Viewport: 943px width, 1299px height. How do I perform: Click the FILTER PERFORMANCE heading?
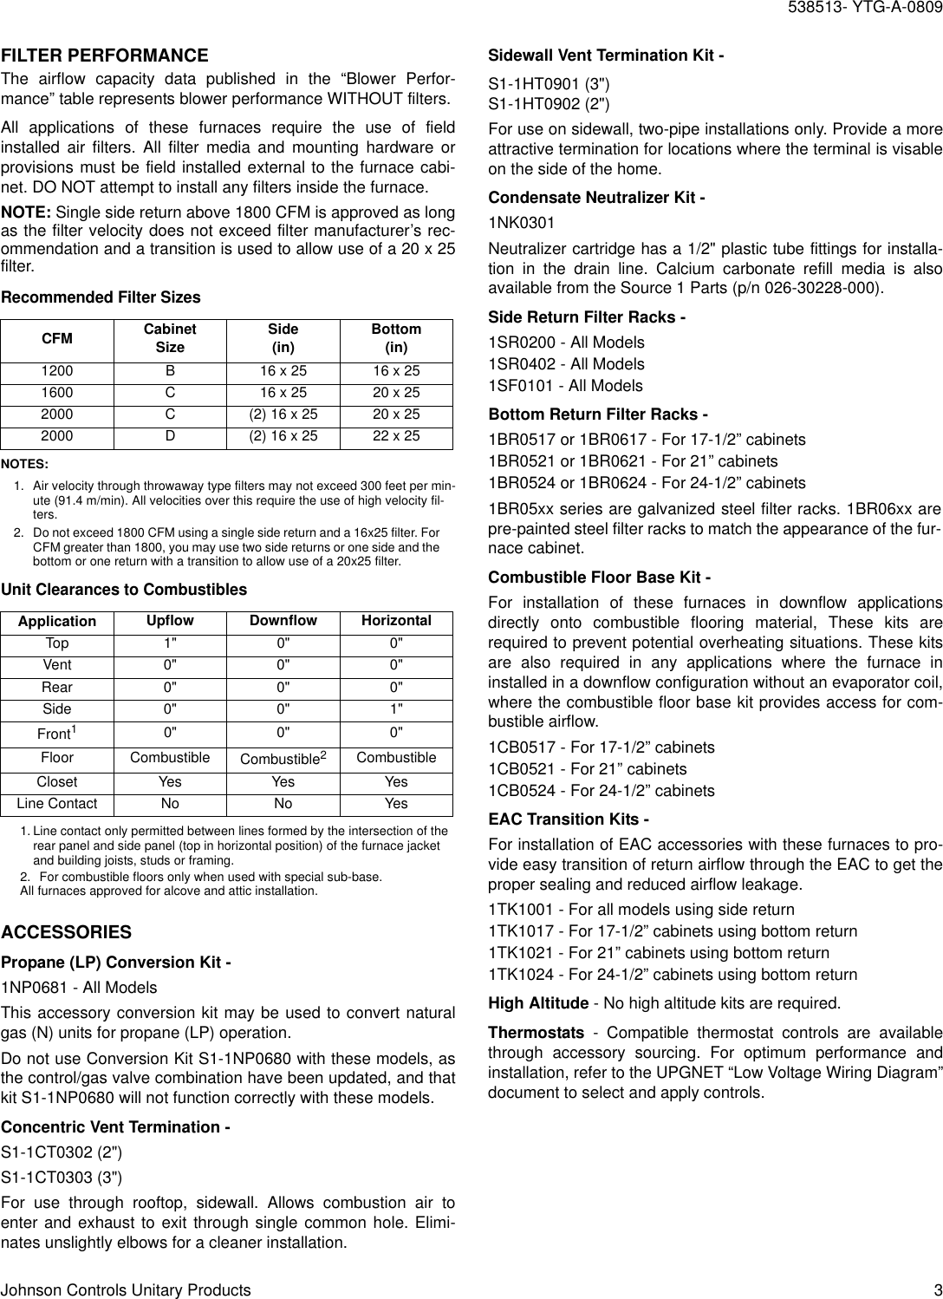[105, 55]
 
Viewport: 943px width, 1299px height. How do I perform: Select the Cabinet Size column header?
[170, 338]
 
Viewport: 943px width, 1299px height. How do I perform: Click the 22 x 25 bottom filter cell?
[396, 436]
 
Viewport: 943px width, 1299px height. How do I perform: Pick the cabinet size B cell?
[170, 371]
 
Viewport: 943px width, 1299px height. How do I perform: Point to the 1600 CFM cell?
[58, 393]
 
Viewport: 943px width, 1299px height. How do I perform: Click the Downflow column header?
[283, 621]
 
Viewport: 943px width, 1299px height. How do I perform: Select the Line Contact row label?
[57, 804]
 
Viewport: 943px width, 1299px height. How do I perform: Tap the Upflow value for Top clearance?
[170, 643]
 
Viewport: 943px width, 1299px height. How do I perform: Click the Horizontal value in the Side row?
[396, 708]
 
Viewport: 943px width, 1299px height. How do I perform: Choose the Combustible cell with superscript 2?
[283, 759]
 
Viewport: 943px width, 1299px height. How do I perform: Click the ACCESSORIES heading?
[67, 933]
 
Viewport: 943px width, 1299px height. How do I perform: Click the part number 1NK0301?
[522, 223]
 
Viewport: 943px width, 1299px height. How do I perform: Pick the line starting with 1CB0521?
[588, 769]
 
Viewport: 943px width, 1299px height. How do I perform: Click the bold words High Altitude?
[538, 1004]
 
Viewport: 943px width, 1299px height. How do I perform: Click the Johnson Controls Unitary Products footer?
[127, 1290]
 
